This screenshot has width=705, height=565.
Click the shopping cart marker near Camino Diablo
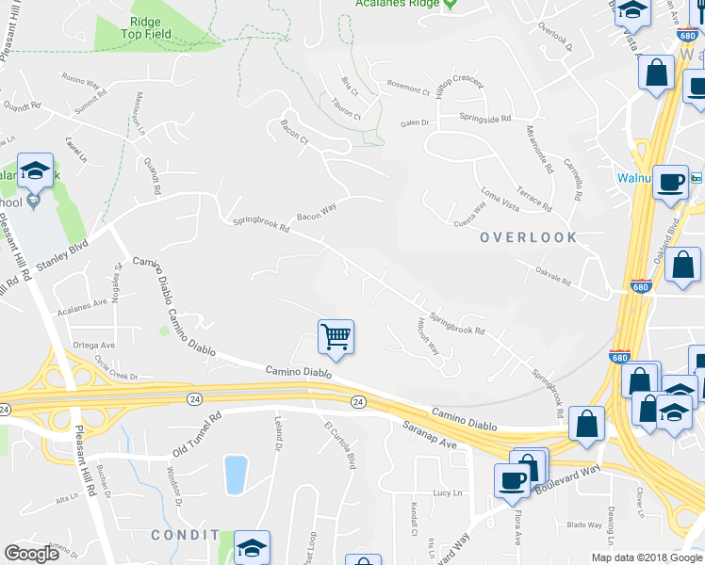pyautogui.click(x=336, y=336)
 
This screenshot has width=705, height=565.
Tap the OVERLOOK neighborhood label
pyautogui.click(x=528, y=237)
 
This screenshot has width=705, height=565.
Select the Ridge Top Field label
pyautogui.click(x=145, y=27)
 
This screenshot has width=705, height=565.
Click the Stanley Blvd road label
pyautogui.click(x=66, y=254)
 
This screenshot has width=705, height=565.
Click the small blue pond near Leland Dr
pyautogui.click(x=236, y=475)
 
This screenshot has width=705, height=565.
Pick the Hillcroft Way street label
pyautogui.click(x=428, y=334)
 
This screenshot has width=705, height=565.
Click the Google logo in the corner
pyautogui.click(x=31, y=554)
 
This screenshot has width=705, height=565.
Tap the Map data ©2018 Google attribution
pyautogui.click(x=647, y=557)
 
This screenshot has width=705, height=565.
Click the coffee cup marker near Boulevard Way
pyautogui.click(x=512, y=479)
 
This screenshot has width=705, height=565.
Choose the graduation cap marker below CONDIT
pyautogui.click(x=252, y=548)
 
